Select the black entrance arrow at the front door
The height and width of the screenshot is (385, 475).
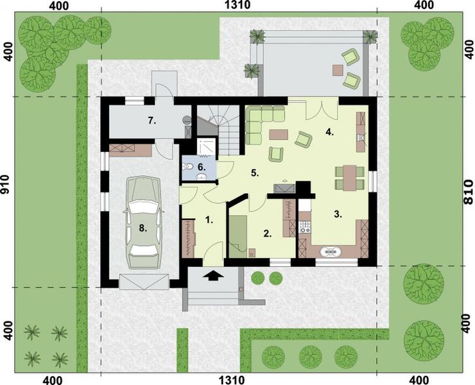click(x=214, y=276)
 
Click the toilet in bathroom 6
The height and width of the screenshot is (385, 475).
click(x=188, y=166)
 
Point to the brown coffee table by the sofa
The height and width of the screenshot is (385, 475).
click(x=279, y=134)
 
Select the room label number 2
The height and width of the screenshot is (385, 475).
click(x=267, y=233)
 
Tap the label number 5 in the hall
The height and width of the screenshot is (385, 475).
click(x=254, y=173)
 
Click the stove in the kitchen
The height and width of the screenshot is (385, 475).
click(x=304, y=227)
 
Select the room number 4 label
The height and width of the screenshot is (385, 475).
click(x=330, y=133)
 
